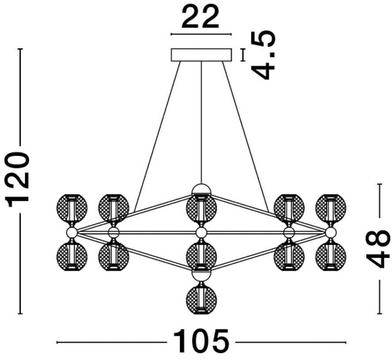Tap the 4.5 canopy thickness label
point(263,55)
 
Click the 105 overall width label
point(201,342)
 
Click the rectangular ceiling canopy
point(201,55)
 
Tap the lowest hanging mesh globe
point(201,299)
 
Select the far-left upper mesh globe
point(72,208)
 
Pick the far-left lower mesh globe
point(72,257)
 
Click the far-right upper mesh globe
point(331,208)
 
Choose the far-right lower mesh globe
point(331,257)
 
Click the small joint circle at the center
point(201,232)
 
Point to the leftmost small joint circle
point(72,232)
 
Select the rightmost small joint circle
point(331,232)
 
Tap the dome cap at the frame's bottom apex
point(201,276)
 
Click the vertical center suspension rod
point(201,122)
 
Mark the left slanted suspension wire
point(157,136)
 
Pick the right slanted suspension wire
point(245,136)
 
